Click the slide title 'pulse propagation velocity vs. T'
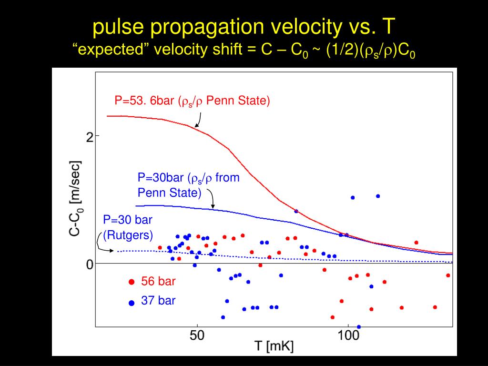coord(244,28)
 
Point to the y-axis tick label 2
coord(89,137)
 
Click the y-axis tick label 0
coord(89,264)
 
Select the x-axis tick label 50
coord(197,335)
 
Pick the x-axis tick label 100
coord(348,335)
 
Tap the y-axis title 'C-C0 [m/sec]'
coord(74,198)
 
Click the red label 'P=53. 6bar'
coord(145,101)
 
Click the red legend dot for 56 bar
coord(132,282)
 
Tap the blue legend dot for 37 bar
coord(132,302)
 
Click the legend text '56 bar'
coord(158,282)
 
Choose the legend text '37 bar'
coord(158,301)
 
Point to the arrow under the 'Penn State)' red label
coord(198,121)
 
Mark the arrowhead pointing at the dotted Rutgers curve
coord(112,251)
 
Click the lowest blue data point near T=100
coord(359,327)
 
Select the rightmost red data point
coord(448,275)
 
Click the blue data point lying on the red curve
coord(296,211)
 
